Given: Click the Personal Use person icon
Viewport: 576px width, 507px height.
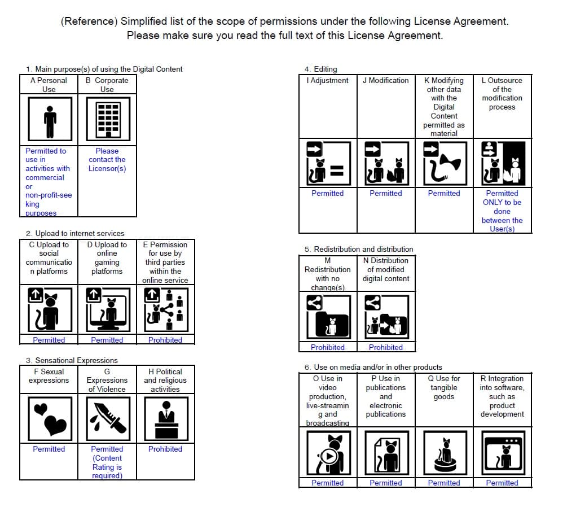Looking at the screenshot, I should pyautogui.click(x=50, y=121).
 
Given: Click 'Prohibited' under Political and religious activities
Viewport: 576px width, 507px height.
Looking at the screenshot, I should pyautogui.click(x=165, y=449).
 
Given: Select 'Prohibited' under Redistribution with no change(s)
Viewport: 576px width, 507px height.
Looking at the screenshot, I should pyautogui.click(x=328, y=347).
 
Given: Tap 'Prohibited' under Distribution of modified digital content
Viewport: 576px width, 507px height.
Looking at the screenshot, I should pyautogui.click(x=386, y=347).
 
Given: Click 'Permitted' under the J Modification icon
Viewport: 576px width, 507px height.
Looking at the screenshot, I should pyautogui.click(x=386, y=193).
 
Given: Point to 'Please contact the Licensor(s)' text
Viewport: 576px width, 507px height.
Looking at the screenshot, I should pyautogui.click(x=107, y=160).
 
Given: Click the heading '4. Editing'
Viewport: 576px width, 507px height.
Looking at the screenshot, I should pyautogui.click(x=320, y=69).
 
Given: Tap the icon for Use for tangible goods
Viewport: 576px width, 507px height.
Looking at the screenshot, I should pyautogui.click(x=444, y=453).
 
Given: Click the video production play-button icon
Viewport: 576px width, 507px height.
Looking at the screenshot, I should pyautogui.click(x=328, y=453).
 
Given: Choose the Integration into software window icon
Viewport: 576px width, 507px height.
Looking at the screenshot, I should pyautogui.click(x=502, y=453).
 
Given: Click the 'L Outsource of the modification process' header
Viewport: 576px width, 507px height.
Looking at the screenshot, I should pyautogui.click(x=502, y=93).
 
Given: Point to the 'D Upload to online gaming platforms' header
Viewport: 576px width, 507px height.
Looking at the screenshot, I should pyautogui.click(x=107, y=258).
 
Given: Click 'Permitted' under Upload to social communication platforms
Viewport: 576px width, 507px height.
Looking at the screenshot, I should pyautogui.click(x=49, y=340).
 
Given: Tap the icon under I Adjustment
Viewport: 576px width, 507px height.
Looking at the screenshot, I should pyautogui.click(x=328, y=164).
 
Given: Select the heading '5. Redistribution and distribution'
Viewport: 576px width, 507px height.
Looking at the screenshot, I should pyautogui.click(x=359, y=249).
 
